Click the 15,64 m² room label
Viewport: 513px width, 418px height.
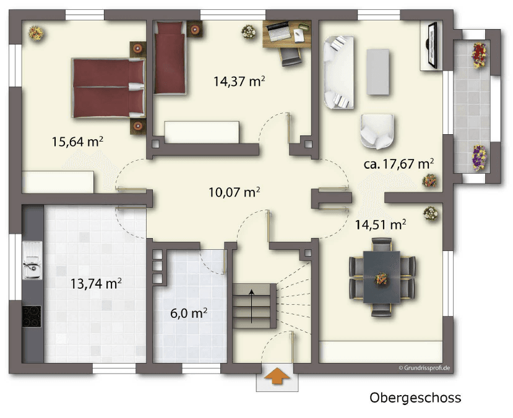pyautogui.click(x=77, y=142)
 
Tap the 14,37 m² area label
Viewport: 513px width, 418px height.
pyautogui.click(x=239, y=80)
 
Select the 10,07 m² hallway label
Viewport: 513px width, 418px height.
pyautogui.click(x=234, y=192)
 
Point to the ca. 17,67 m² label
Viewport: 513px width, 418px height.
pyautogui.click(x=398, y=164)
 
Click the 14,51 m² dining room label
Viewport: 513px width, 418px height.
pyautogui.click(x=380, y=224)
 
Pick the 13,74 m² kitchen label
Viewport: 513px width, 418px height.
pyautogui.click(x=96, y=284)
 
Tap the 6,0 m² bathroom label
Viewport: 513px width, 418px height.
pyautogui.click(x=188, y=313)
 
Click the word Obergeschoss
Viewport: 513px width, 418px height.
pyautogui.click(x=415, y=398)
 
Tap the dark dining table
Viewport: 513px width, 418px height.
pyautogui.click(x=381, y=276)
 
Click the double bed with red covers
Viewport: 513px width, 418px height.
pyautogui.click(x=108, y=87)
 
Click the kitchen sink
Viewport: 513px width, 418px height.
pyautogui.click(x=31, y=265)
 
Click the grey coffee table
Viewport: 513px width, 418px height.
pyautogui.click(x=378, y=72)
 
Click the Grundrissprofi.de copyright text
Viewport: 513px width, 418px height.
pyautogui.click(x=424, y=368)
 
